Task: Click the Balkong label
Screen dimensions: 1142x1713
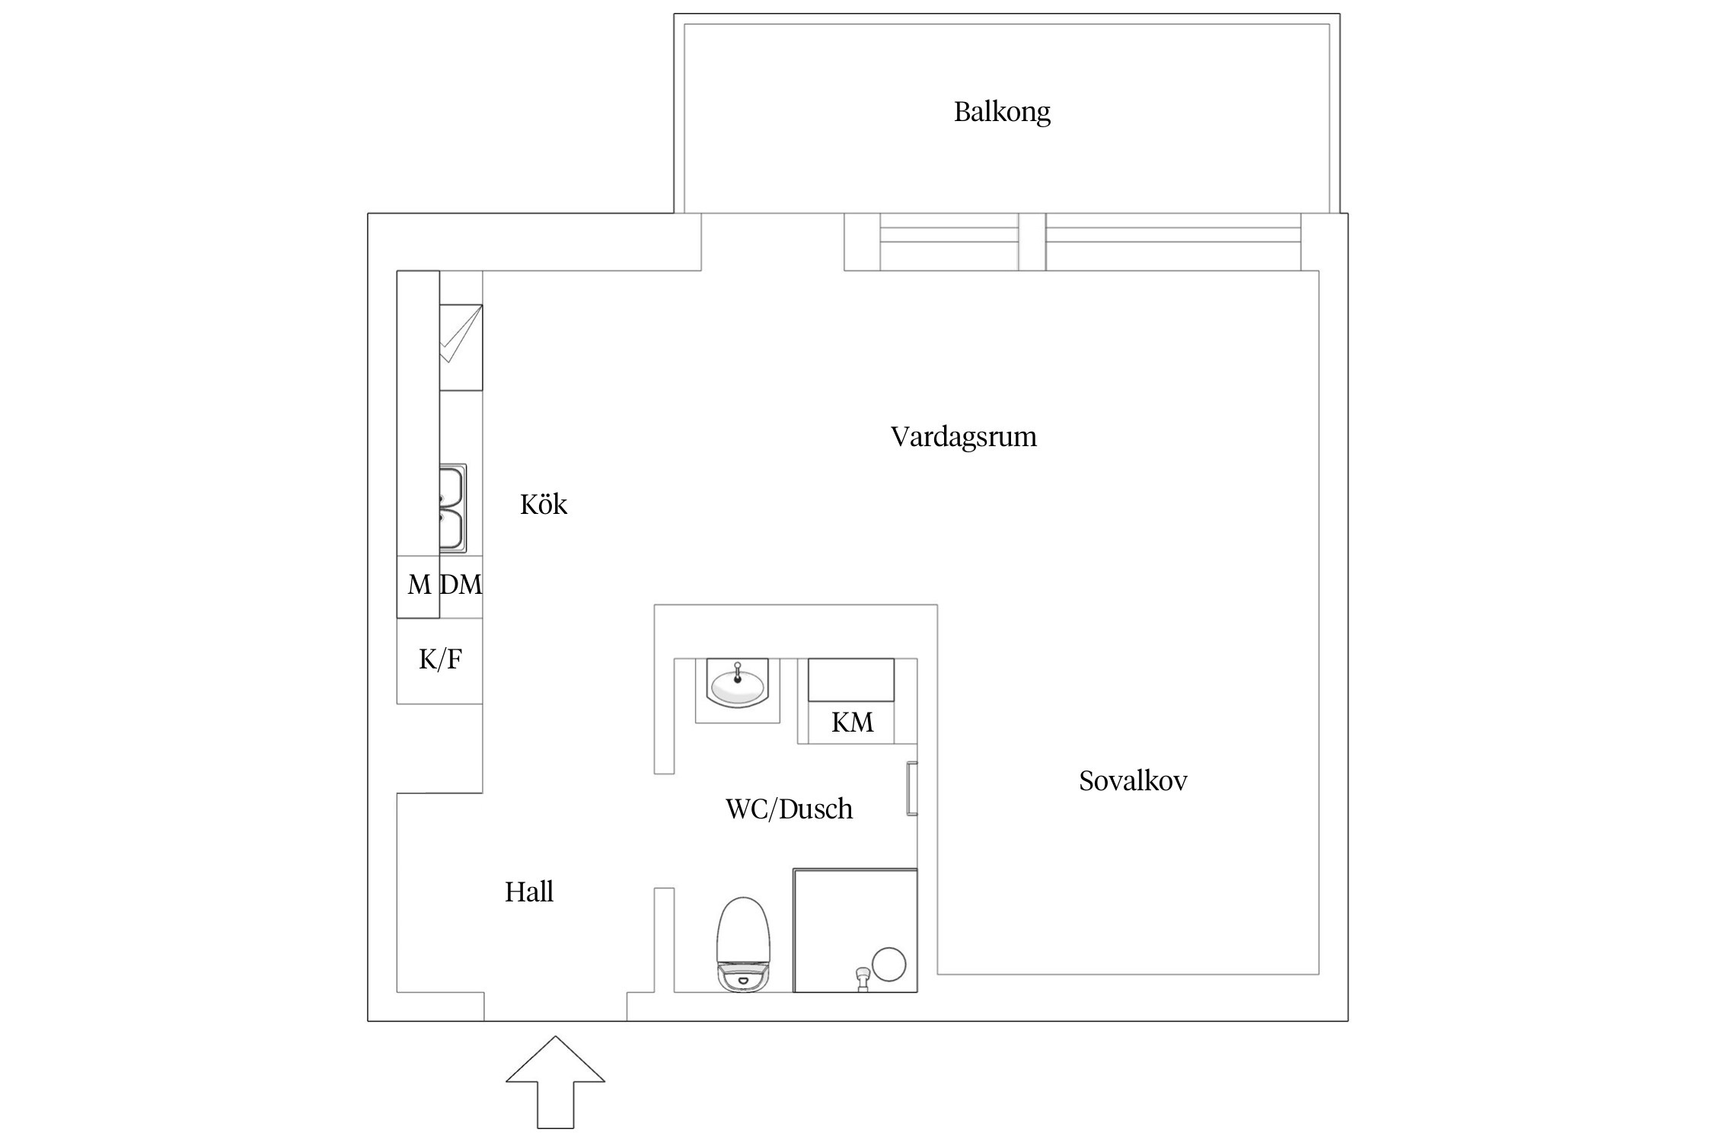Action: coord(1002,113)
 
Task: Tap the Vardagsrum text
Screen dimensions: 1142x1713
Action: coord(964,437)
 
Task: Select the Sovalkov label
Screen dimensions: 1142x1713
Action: coord(1133,781)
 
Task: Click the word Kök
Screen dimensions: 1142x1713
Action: coord(544,505)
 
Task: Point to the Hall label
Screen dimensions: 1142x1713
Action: coord(529,892)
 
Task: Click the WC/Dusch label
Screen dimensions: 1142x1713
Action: coord(790,809)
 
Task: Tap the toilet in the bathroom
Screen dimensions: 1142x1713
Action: coord(744,944)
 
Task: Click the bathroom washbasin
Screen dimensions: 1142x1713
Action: coord(737,685)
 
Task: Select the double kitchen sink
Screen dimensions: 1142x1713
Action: coord(452,509)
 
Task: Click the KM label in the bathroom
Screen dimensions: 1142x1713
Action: coord(852,723)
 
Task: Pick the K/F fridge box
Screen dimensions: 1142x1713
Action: coord(440,659)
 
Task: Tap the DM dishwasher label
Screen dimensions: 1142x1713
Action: coord(461,585)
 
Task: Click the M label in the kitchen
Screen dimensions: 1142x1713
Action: coord(419,585)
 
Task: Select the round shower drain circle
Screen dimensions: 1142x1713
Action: coord(888,964)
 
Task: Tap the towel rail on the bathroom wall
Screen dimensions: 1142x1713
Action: coord(911,788)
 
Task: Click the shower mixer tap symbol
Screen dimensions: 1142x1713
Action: coord(862,978)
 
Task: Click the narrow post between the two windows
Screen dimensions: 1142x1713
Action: coord(1032,242)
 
